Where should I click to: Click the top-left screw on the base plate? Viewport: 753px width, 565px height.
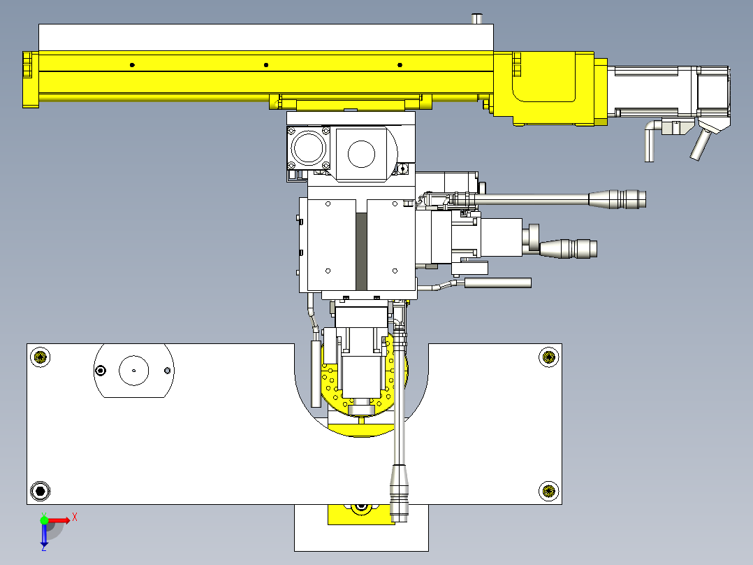tap(40, 357)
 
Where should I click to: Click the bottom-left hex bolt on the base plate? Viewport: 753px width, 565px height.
tap(40, 491)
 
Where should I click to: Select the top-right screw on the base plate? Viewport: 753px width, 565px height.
tap(548, 357)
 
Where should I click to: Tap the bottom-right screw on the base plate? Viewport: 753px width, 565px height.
tap(548, 491)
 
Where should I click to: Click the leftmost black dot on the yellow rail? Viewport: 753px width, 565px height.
tap(132, 65)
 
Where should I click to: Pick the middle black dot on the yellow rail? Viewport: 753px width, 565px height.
tap(266, 65)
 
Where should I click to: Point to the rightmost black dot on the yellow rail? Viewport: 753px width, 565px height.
tap(400, 65)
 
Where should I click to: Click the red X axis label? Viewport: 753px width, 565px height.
tap(75, 517)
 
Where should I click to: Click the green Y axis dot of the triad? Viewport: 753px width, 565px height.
tap(44, 520)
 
